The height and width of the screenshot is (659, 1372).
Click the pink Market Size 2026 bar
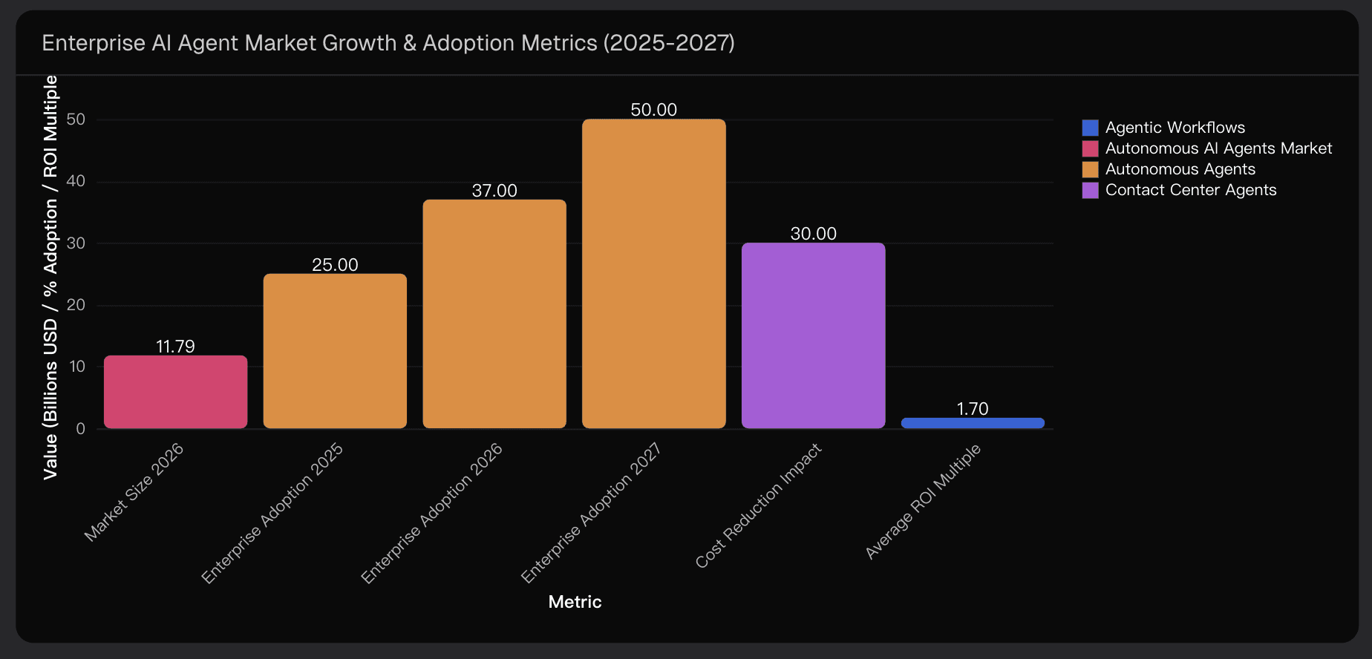pyautogui.click(x=175, y=392)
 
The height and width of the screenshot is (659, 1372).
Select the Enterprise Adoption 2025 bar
pyautogui.click(x=335, y=351)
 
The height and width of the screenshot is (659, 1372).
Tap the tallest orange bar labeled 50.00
pyautogui.click(x=653, y=273)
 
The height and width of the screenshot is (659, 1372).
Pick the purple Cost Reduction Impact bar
pyautogui.click(x=813, y=335)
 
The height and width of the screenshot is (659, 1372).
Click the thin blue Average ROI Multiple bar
pyautogui.click(x=973, y=423)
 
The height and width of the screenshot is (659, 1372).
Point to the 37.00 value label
pyautogui.click(x=494, y=191)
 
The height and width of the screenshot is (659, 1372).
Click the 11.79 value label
pyautogui.click(x=175, y=347)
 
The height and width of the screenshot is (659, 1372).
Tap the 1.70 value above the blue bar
pyautogui.click(x=973, y=409)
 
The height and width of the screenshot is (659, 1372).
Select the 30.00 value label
pyautogui.click(x=813, y=234)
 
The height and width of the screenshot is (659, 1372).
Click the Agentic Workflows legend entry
pyautogui.click(x=1175, y=128)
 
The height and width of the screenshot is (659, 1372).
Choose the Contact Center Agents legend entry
pyautogui.click(x=1190, y=190)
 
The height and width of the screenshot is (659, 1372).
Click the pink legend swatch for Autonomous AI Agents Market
pyautogui.click(x=1090, y=148)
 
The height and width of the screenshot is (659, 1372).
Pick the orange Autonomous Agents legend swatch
pyautogui.click(x=1090, y=169)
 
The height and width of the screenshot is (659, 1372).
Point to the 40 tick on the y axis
pyautogui.click(x=76, y=181)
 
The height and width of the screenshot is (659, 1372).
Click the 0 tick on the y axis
pyautogui.click(x=80, y=428)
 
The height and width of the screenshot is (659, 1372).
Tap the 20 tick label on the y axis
pyautogui.click(x=76, y=305)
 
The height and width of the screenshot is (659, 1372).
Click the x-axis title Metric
pyautogui.click(x=575, y=602)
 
